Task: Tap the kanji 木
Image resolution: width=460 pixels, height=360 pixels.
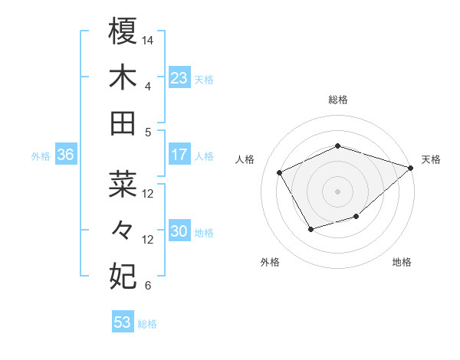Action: pos(123,77)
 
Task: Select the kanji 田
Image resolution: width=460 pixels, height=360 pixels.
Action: pos(123,123)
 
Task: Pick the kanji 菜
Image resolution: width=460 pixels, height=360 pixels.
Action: pos(123,184)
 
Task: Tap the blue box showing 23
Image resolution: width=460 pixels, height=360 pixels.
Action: pos(179,77)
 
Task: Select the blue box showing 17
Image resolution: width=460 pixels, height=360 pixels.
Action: pos(179,154)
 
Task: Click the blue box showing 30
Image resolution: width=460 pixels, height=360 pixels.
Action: pos(179,231)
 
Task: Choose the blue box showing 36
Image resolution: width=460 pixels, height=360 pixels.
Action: pos(65,154)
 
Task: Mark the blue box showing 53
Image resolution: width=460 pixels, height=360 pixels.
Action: pos(123,322)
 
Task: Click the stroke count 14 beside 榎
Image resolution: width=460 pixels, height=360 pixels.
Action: pos(148,39)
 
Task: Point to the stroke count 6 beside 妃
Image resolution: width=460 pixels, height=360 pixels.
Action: pos(148,286)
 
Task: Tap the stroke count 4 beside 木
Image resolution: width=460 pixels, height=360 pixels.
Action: pos(148,86)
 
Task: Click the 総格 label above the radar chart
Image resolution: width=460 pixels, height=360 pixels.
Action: pos(337,100)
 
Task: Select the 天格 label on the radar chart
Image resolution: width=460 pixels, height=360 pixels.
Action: pos(431,159)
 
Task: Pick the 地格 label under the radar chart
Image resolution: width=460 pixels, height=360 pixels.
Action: pos(402,262)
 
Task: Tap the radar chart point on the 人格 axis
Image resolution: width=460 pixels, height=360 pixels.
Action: pos(280,173)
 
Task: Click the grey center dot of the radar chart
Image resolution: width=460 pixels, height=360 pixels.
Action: pos(337,191)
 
